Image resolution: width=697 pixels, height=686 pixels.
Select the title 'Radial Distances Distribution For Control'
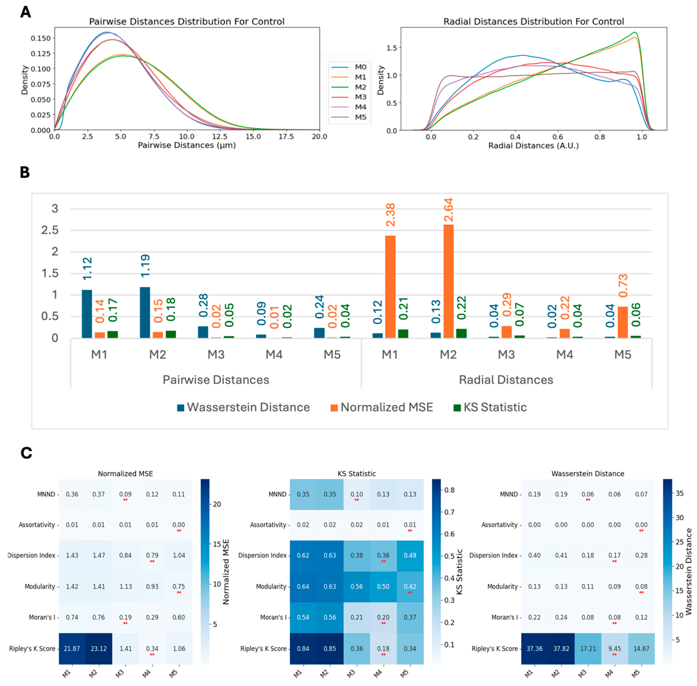click(533, 22)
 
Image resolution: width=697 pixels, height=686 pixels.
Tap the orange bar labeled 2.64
click(448, 281)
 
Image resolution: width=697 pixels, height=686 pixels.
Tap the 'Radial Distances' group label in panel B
click(506, 380)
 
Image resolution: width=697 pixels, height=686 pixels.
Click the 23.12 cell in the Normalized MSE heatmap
click(99, 649)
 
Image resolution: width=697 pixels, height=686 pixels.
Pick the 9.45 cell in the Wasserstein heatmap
click(614, 649)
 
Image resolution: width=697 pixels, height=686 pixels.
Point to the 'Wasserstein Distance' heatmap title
click(588, 473)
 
